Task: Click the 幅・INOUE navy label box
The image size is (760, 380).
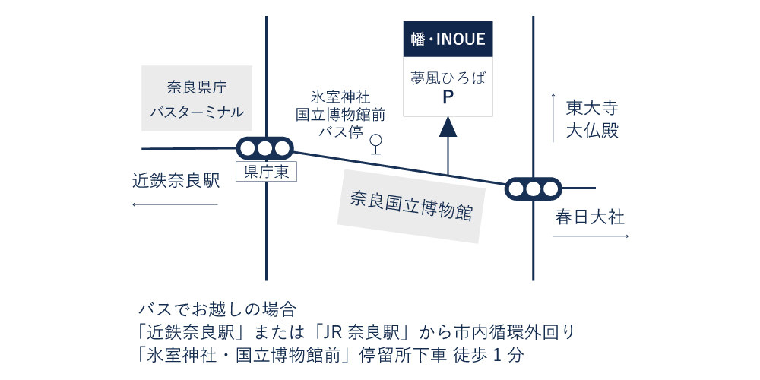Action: pyautogui.click(x=448, y=39)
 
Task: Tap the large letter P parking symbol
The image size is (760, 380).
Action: pyautogui.click(x=448, y=97)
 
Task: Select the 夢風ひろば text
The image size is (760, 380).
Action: pyautogui.click(x=448, y=78)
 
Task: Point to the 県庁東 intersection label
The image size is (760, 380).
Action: pyautogui.click(x=266, y=173)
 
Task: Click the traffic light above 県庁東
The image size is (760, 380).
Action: pyautogui.click(x=264, y=148)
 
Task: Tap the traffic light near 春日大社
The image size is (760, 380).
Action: pyautogui.click(x=533, y=188)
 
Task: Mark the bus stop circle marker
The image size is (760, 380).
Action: pyautogui.click(x=375, y=141)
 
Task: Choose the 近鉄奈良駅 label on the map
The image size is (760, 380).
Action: pyautogui.click(x=176, y=181)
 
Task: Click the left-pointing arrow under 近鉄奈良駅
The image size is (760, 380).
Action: pyautogui.click(x=175, y=204)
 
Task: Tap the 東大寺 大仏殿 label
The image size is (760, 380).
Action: pyautogui.click(x=592, y=119)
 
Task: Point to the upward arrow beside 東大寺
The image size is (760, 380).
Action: pyautogui.click(x=553, y=118)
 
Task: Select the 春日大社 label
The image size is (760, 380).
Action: pyautogui.click(x=590, y=218)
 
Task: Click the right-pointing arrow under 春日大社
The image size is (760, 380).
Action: pyautogui.click(x=591, y=237)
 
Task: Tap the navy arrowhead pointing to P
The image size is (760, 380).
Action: pyautogui.click(x=448, y=128)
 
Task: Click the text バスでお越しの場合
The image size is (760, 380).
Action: pyautogui.click(x=217, y=309)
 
